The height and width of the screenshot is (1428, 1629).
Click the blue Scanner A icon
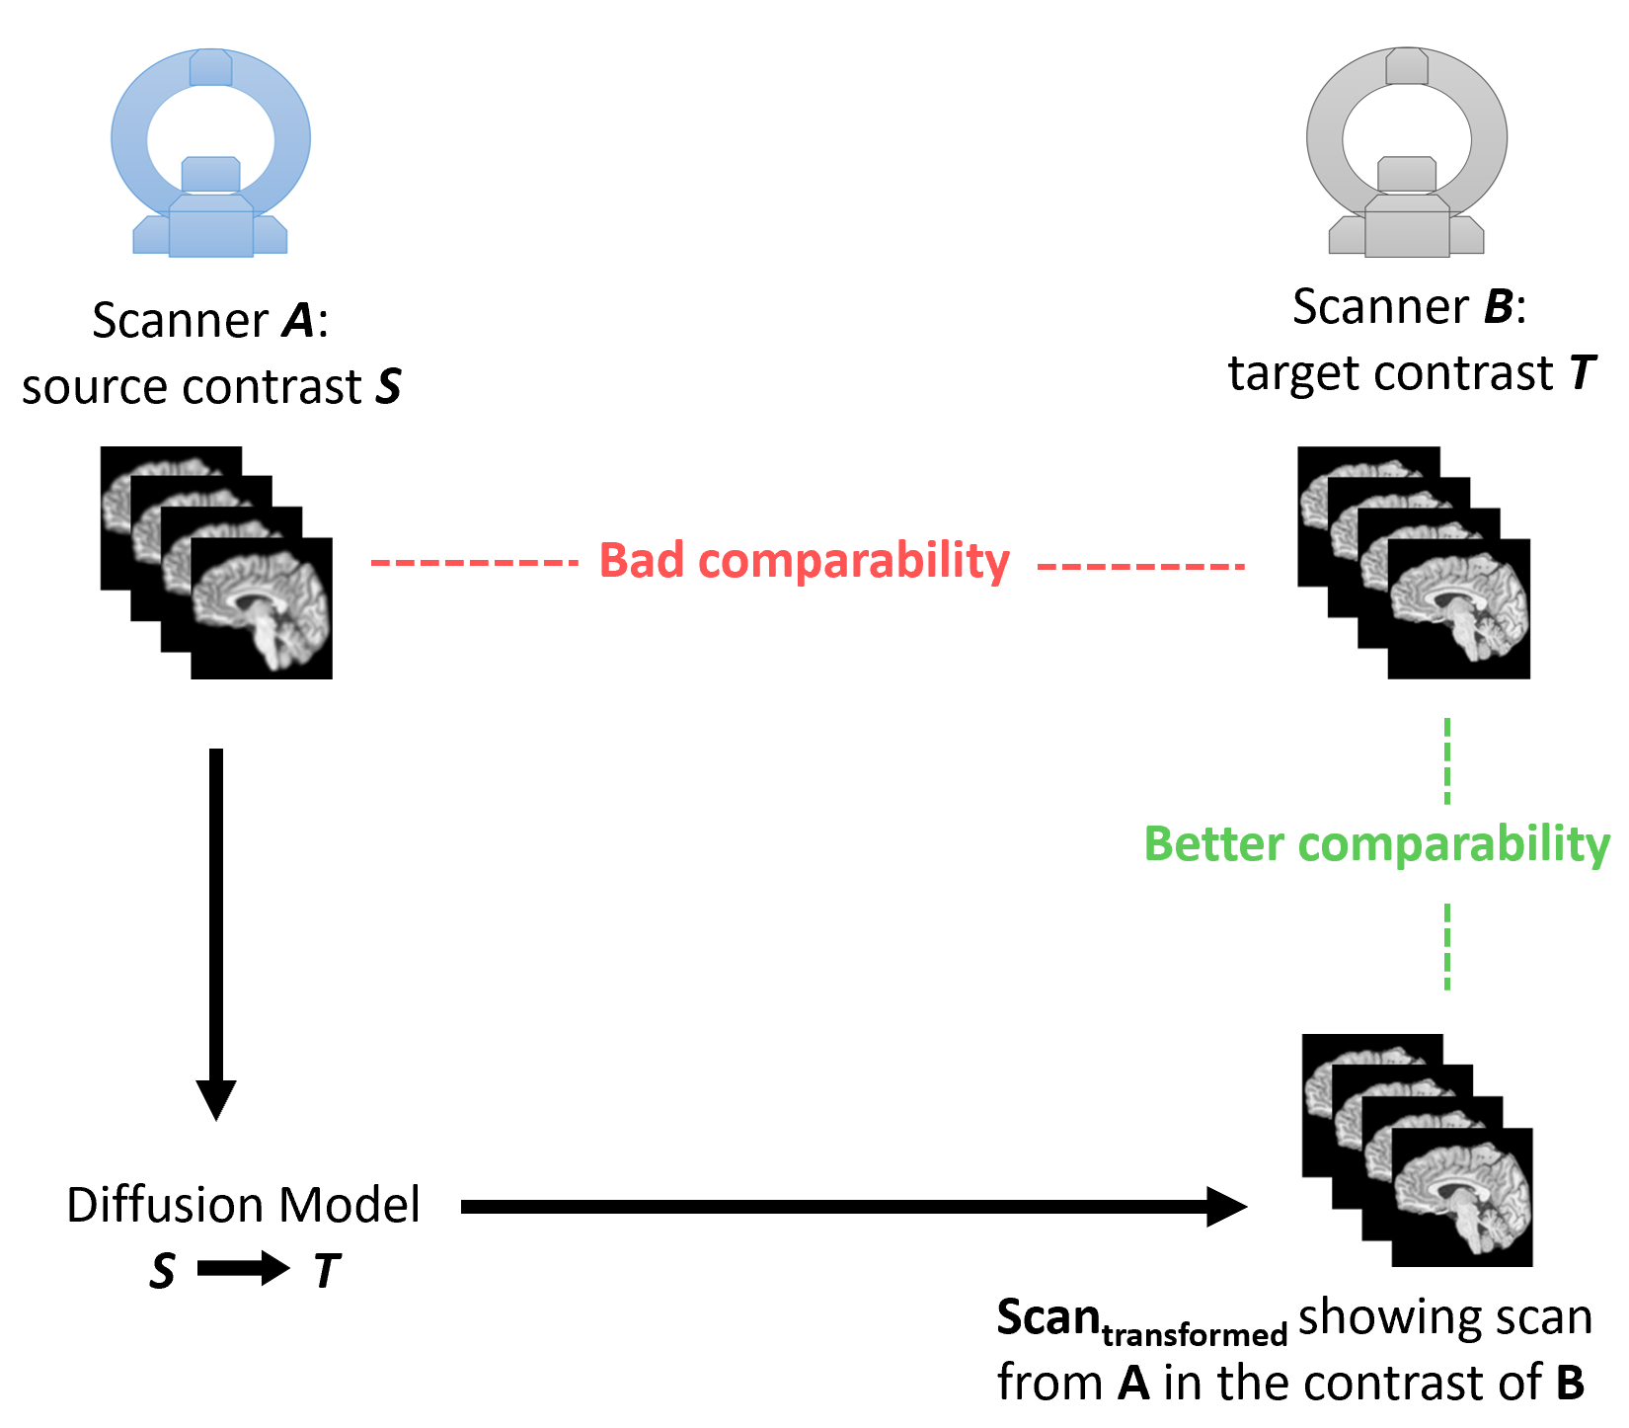[210, 153]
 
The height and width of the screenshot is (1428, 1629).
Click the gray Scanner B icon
[1407, 153]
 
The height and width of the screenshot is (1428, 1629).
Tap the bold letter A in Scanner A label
[298, 321]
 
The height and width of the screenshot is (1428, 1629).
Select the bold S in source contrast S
[389, 386]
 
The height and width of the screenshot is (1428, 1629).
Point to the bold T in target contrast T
[1582, 373]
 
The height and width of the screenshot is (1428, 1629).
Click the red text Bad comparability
[804, 561]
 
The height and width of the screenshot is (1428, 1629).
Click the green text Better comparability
[1376, 844]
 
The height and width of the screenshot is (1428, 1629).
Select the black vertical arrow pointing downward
[216, 928]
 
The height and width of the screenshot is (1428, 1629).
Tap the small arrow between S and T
[243, 1269]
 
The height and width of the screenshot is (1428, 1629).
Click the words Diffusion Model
[243, 1205]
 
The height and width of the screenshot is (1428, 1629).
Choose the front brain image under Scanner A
[262, 608]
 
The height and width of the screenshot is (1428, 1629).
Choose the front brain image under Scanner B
[1458, 608]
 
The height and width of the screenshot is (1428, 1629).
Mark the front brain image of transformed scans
[1462, 1197]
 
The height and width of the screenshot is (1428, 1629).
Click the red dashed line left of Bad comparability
[474, 563]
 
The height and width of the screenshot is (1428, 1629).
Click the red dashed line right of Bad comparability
[1141, 566]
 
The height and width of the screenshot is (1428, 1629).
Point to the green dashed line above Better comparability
[1447, 760]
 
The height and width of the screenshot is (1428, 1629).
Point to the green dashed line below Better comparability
[1447, 946]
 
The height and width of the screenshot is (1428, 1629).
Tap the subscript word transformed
[1195, 1335]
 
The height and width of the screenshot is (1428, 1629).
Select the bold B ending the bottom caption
[1570, 1383]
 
